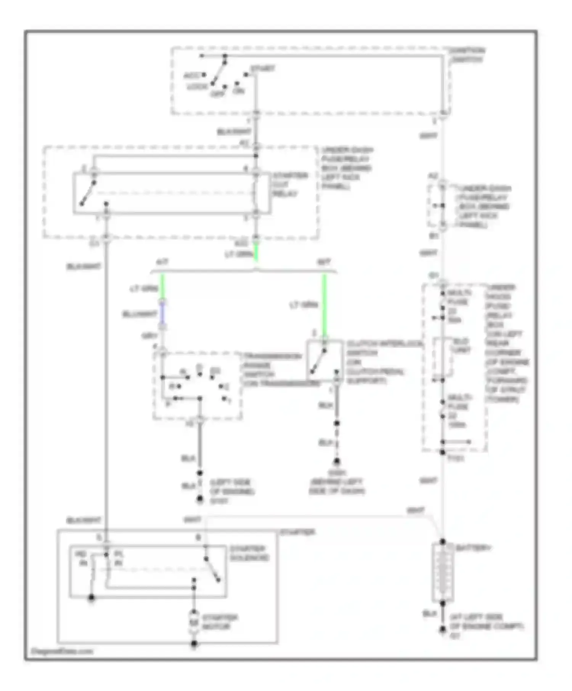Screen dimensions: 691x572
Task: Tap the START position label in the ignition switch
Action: point(262,69)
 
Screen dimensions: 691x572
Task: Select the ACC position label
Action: point(191,75)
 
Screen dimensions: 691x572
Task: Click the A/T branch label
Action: point(162,262)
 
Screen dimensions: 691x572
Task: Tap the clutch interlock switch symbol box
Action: point(324,360)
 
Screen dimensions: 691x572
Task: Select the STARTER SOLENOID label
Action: point(249,553)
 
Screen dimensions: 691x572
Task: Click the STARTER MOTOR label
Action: point(220,622)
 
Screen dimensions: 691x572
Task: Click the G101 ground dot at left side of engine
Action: point(199,499)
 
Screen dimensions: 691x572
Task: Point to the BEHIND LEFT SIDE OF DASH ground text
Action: point(336,486)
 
